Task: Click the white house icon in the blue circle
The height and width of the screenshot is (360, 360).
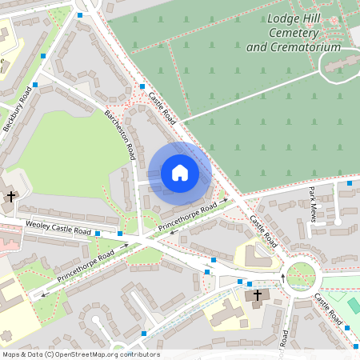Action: point(180,173)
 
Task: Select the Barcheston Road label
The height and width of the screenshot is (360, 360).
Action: point(120,132)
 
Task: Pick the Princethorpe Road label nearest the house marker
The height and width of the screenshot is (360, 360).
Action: point(188,218)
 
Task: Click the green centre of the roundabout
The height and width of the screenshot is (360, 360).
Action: point(302,277)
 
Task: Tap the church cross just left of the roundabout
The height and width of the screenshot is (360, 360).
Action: point(257,296)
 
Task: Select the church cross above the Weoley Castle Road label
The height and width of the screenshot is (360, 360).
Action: point(11,196)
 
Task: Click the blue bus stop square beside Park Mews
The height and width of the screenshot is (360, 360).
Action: point(350,184)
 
